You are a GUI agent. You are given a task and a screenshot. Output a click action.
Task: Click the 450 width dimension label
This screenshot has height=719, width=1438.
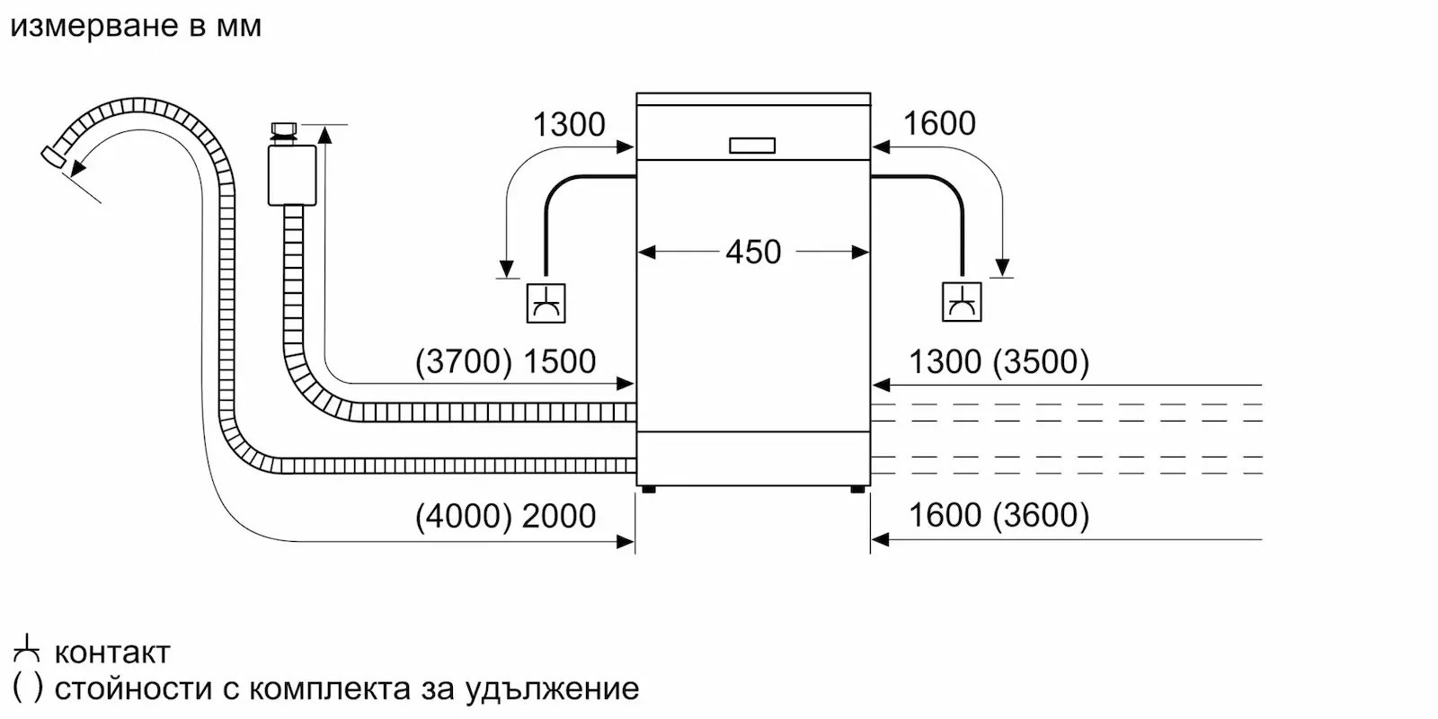pos(753,252)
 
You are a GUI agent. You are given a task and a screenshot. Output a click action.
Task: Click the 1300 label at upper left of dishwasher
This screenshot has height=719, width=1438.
pos(569,124)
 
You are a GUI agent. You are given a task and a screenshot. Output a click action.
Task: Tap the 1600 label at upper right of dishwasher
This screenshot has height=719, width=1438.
pos(939,123)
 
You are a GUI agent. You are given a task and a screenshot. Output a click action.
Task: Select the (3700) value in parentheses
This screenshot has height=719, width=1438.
pos(464,361)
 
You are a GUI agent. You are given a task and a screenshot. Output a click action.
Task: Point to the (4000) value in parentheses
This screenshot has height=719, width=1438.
pos(463,516)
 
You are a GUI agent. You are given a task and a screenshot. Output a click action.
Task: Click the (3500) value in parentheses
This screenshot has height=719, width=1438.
pos(1041,361)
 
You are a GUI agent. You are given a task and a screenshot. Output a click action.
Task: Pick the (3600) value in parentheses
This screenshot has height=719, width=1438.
pos(1041,515)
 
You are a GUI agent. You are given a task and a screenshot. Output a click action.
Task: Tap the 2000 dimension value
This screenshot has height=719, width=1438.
pos(559,516)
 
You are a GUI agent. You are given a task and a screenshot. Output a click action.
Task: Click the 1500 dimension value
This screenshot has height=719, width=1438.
pos(560,361)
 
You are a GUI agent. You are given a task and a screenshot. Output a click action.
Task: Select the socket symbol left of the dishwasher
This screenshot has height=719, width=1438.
pos(546,303)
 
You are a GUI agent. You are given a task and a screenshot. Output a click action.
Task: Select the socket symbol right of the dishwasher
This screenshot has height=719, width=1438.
pos(962,302)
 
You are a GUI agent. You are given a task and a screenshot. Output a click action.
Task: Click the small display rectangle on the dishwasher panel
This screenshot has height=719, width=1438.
pos(752,146)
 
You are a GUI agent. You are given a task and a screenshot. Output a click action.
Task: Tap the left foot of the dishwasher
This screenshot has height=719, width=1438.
pos(648,490)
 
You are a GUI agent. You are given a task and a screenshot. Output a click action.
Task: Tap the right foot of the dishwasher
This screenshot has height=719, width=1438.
pos(857,490)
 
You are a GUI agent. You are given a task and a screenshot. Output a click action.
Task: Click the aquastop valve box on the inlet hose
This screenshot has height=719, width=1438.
pos(292,175)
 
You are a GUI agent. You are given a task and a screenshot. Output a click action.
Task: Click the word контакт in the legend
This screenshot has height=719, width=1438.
pos(112,652)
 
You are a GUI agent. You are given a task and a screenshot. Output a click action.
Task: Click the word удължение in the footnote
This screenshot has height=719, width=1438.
pos(552,689)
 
